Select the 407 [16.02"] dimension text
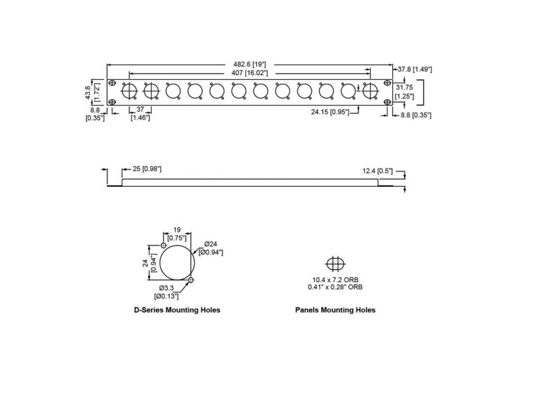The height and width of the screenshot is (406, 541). (x=250, y=73)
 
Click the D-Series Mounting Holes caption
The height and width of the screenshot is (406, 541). (x=177, y=310)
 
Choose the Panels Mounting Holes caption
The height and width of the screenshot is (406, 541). (x=335, y=310)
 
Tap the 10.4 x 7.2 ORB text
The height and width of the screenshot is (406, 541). (x=335, y=279)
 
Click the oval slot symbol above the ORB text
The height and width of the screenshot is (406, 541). (x=335, y=263)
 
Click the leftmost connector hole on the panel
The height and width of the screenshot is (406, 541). (x=129, y=91)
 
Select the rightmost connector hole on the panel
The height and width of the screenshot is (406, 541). (x=370, y=91)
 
